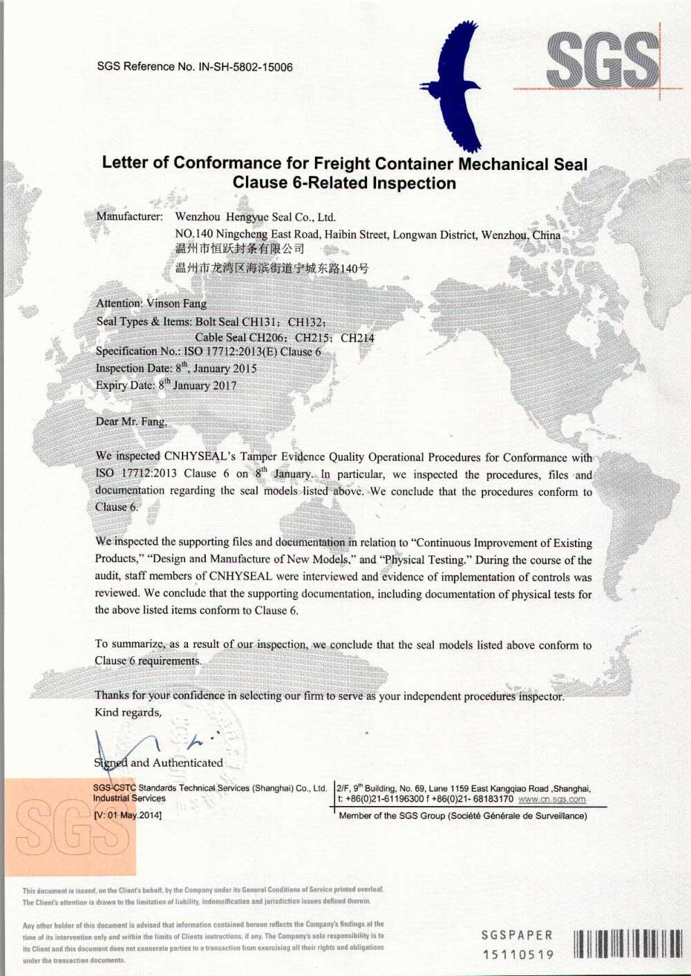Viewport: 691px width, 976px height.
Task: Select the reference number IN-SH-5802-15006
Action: (x=245, y=67)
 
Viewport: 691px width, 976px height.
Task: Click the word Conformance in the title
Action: (x=237, y=164)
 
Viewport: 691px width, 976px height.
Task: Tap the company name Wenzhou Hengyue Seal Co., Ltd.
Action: (x=256, y=217)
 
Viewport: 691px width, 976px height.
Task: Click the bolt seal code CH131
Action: (x=258, y=321)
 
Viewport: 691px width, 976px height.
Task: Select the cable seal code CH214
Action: (x=357, y=338)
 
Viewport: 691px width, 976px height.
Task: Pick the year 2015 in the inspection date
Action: (x=244, y=369)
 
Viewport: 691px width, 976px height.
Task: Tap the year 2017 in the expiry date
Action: (x=223, y=385)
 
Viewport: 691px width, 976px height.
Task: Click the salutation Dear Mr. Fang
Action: (x=131, y=421)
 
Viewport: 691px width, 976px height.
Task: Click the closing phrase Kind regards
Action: (x=128, y=712)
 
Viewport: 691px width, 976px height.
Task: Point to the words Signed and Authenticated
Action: (x=158, y=763)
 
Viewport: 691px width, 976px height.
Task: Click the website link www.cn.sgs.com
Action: (x=551, y=799)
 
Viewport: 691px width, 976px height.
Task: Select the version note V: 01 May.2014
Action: (x=128, y=815)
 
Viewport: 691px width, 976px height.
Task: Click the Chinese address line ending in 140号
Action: (x=272, y=268)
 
